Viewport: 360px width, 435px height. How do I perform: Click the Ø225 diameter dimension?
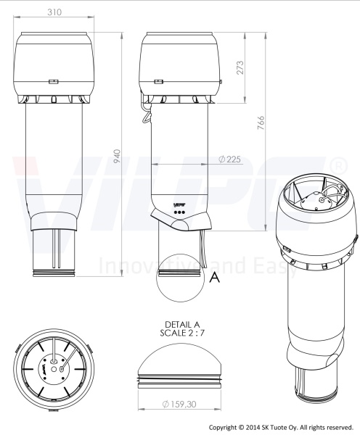(229, 159)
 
